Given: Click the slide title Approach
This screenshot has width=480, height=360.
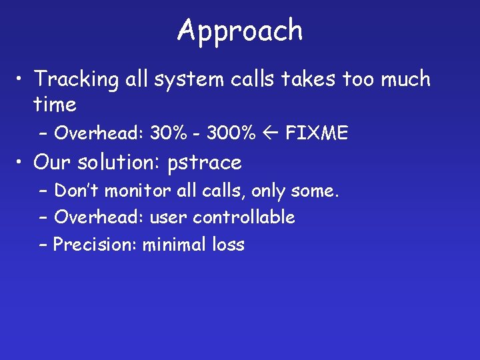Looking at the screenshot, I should pos(240,31).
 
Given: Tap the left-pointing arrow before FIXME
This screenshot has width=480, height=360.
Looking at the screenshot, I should pos(271,133).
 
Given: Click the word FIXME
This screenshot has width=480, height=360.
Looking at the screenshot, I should pos(317,133).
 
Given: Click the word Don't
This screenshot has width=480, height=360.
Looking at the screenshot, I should pos(79,191).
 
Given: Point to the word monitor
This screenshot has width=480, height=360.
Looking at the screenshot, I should pos(140,191).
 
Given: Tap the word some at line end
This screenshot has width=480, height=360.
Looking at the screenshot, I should pos(317,191).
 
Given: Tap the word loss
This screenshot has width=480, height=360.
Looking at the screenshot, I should pos(228,245).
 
